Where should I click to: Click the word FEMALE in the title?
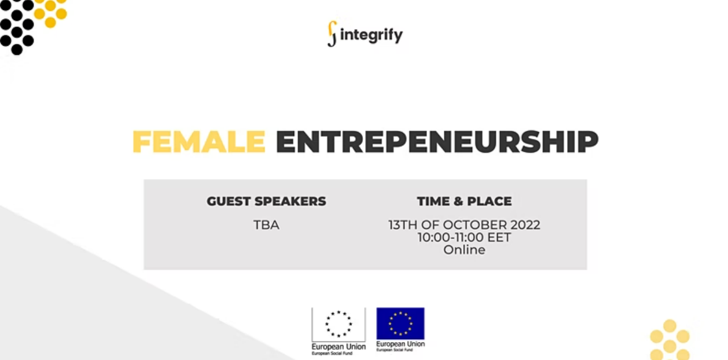point(199,141)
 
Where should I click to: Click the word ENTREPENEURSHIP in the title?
point(437,141)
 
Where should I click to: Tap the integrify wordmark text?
point(372,35)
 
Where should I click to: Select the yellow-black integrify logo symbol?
point(332,34)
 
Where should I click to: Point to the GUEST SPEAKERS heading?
point(267,201)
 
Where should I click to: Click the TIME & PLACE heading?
point(465,201)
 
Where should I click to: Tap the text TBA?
point(267,225)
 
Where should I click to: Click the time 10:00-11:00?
point(451,237)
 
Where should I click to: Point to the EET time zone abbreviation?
point(499,237)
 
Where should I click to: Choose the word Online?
point(465,250)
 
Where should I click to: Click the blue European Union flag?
point(400,324)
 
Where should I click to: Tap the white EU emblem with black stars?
point(339,324)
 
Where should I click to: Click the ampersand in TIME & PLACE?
point(458,201)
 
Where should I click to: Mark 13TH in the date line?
point(403,225)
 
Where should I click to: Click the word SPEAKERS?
point(291,201)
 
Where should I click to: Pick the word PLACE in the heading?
point(489,201)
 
